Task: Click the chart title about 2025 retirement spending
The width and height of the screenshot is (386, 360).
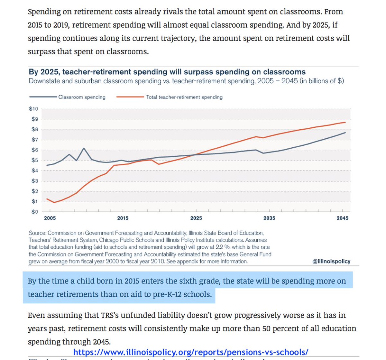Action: pyautogui.click(x=167, y=72)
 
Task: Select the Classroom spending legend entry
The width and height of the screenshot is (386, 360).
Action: pyautogui.click(x=82, y=97)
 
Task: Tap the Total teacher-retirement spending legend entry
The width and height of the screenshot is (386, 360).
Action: pyautogui.click(x=184, y=97)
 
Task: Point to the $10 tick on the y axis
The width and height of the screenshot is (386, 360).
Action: pyautogui.click(x=33, y=109)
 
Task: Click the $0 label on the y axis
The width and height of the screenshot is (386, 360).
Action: pyautogui.click(x=34, y=212)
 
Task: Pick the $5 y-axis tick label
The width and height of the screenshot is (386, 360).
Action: pyautogui.click(x=34, y=160)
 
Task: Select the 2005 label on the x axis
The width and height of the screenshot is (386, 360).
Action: pyautogui.click(x=50, y=218)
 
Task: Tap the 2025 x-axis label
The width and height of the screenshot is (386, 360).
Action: pyautogui.click(x=196, y=218)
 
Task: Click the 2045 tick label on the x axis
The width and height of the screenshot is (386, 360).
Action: pyautogui.click(x=343, y=218)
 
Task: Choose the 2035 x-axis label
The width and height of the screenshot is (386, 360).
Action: pyautogui.click(x=269, y=218)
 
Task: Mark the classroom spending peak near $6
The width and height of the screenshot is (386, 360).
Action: pyautogui.click(x=84, y=148)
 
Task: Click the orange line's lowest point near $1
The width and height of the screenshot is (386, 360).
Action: pyautogui.click(x=54, y=202)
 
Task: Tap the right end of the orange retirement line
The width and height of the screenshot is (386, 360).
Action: pyautogui.click(x=345, y=122)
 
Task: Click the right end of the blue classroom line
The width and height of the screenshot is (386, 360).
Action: pyautogui.click(x=345, y=133)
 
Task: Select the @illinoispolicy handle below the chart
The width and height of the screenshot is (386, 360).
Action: pyautogui.click(x=331, y=261)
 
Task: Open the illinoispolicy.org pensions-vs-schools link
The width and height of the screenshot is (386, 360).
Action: pyautogui.click(x=191, y=352)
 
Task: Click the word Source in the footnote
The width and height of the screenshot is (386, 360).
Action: pyautogui.click(x=37, y=233)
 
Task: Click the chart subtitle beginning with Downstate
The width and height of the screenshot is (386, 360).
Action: pyautogui.click(x=186, y=81)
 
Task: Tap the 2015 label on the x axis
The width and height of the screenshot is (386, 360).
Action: pyautogui.click(x=123, y=218)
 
